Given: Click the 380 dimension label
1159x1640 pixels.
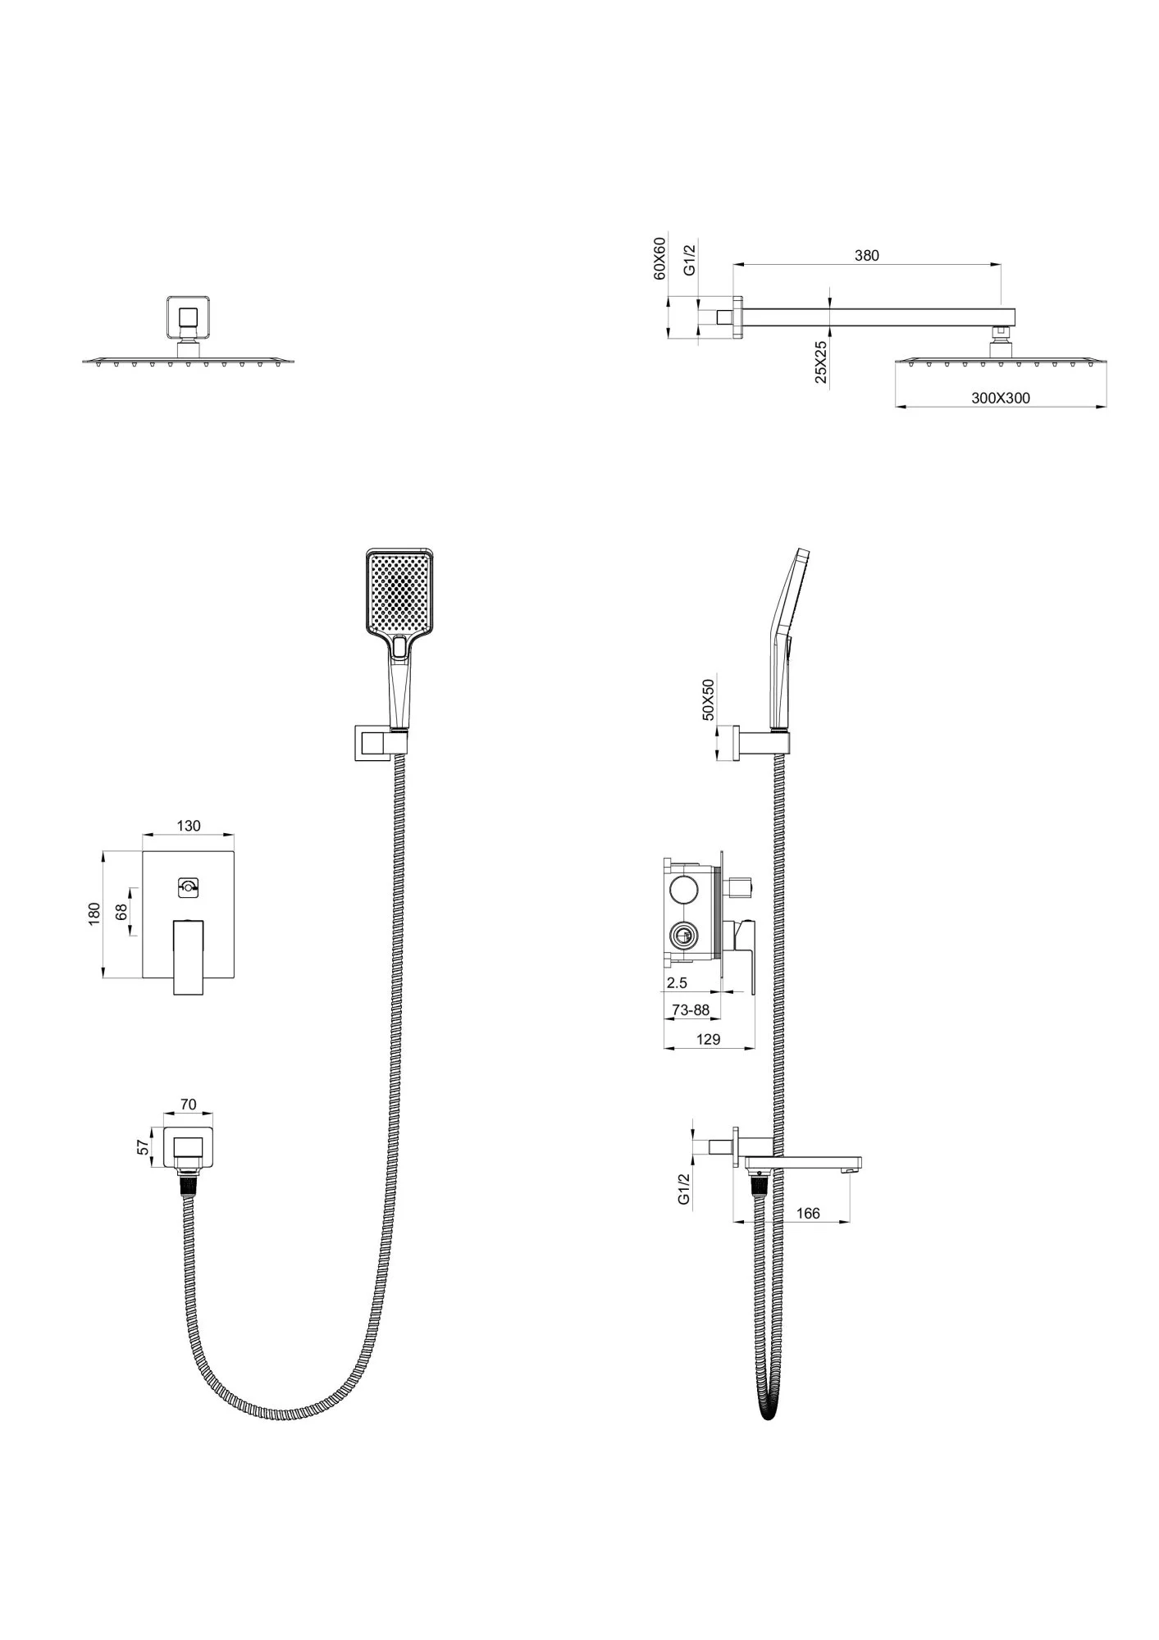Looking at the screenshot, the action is click(x=866, y=255).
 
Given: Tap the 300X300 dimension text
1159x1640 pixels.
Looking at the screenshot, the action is click(x=1001, y=399).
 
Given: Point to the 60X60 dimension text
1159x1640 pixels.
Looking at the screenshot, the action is click(x=659, y=258).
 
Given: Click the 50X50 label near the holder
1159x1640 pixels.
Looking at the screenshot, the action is click(x=709, y=699).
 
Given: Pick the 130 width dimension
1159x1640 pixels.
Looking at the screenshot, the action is click(x=189, y=826).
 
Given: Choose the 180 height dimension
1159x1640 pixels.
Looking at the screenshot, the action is click(x=94, y=914).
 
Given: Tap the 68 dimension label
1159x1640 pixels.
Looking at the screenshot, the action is click(x=122, y=912).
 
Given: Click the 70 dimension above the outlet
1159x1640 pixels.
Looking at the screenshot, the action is click(x=188, y=1105).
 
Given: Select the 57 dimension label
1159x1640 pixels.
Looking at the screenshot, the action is click(x=144, y=1147).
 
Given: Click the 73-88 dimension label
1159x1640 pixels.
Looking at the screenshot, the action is click(x=690, y=1010).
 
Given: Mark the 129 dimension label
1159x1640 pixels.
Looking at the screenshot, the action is click(x=708, y=1039).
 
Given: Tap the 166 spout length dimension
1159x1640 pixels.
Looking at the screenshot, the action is click(x=808, y=1214).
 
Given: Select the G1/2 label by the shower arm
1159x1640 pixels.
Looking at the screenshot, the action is click(x=690, y=258).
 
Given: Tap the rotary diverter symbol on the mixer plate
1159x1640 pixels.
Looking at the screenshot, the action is click(x=189, y=886).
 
